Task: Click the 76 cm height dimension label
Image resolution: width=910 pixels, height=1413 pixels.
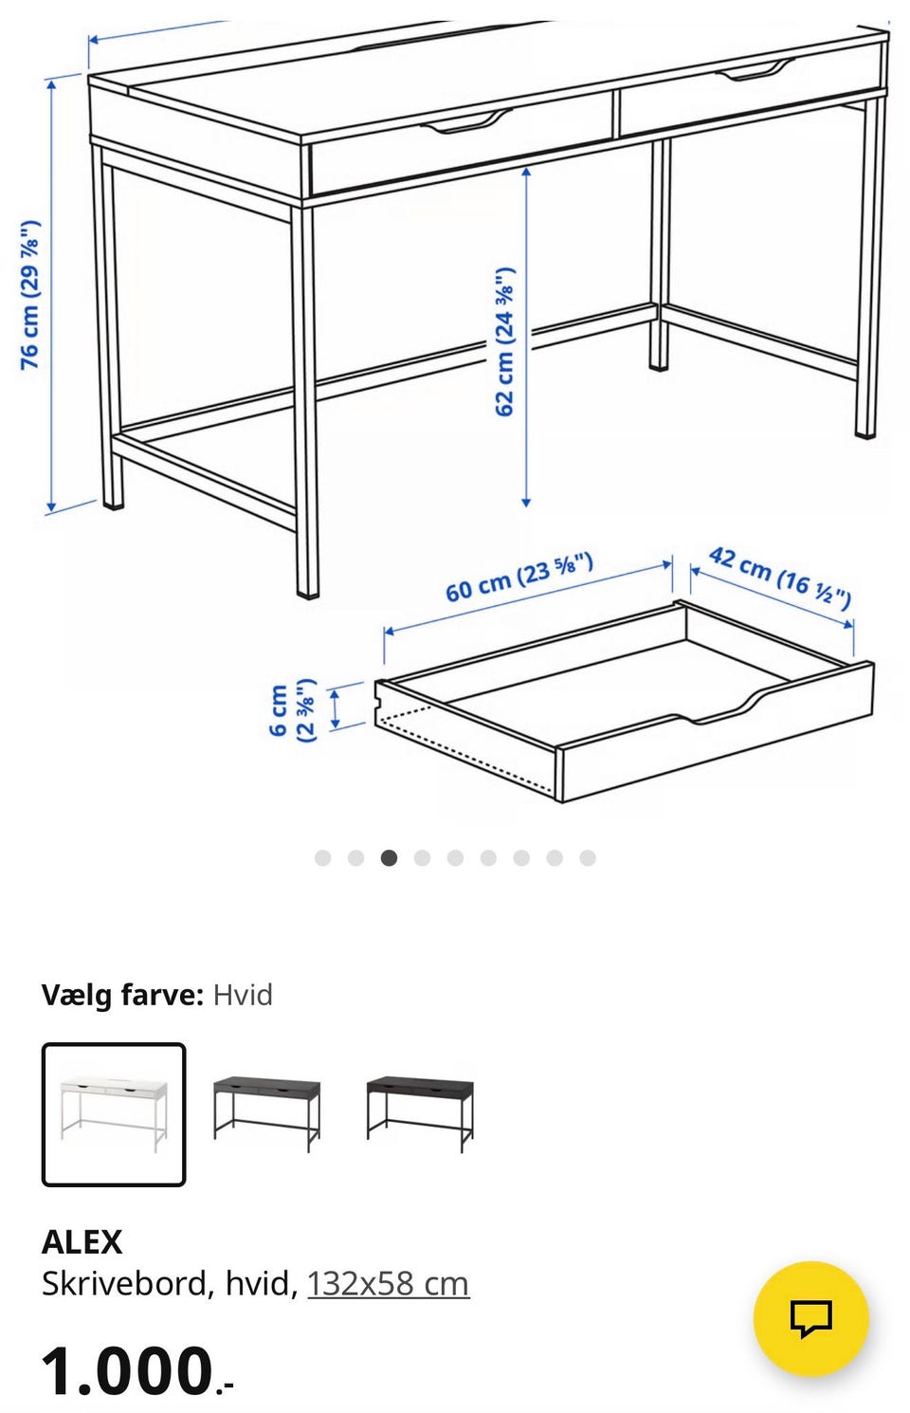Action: (30, 295)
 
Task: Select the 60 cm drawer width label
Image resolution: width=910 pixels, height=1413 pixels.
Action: (519, 577)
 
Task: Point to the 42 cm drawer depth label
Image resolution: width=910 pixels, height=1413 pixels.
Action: (780, 578)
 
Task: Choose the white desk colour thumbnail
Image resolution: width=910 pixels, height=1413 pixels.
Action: (114, 1114)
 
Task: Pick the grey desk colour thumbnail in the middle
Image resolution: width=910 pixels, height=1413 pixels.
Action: (266, 1114)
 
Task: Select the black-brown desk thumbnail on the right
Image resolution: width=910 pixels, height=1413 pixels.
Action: (420, 1114)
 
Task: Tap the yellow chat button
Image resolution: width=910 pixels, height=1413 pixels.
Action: (811, 1318)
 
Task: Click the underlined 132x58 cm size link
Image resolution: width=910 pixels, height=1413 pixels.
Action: (389, 1283)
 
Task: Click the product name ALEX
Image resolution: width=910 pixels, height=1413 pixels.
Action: (82, 1242)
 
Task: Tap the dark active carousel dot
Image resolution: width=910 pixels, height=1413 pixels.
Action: (389, 858)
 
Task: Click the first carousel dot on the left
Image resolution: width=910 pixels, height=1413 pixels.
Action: (323, 858)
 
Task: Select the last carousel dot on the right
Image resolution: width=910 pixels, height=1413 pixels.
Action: (588, 858)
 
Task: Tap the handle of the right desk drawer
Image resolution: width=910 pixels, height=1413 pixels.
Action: (755, 70)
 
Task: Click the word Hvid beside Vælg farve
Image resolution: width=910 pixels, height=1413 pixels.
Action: (243, 996)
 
